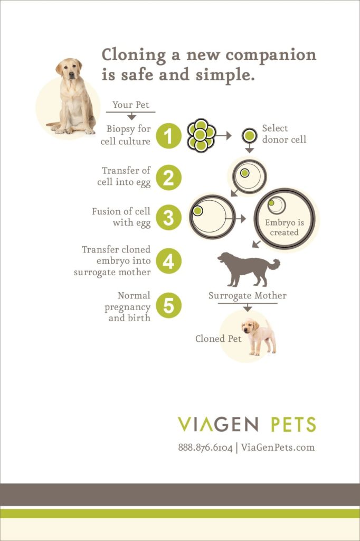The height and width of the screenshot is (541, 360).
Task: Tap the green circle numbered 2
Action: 168,177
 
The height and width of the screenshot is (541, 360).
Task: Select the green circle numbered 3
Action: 168,217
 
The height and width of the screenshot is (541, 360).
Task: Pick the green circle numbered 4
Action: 168,261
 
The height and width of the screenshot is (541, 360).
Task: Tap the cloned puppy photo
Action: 259,336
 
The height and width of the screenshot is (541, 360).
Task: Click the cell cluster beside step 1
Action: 201,135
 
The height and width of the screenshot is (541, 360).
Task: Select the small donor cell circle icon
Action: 249,135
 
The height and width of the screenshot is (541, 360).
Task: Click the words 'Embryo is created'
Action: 284,228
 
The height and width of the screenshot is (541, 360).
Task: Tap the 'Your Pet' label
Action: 131,105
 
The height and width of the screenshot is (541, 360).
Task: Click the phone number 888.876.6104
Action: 205,447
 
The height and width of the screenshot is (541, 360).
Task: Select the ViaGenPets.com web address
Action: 278,447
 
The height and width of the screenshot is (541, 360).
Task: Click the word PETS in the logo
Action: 293,424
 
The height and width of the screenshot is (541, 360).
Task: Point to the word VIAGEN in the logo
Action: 218,424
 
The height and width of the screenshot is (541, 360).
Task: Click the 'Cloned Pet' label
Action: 218,339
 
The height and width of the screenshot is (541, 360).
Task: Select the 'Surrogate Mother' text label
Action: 247,296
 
